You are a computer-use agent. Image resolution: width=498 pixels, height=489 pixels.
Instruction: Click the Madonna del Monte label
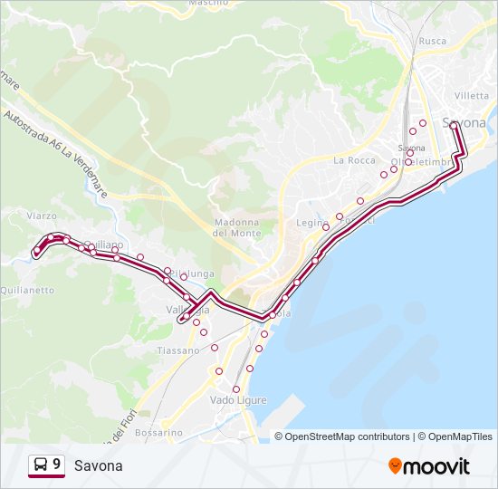pos(236,227)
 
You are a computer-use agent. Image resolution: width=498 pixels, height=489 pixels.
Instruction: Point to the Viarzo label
pos(42,216)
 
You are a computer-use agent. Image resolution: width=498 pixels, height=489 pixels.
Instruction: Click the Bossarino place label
pos(158,433)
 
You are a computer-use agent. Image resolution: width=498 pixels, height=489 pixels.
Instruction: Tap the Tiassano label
pos(177,350)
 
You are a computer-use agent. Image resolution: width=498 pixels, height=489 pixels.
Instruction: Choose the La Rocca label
pos(354,160)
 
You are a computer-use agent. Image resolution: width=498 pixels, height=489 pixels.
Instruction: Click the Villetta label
pos(471,95)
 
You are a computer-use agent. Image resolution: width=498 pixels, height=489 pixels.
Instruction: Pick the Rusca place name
pos(433,41)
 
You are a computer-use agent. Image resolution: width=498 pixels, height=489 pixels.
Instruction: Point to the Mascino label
pos(207,4)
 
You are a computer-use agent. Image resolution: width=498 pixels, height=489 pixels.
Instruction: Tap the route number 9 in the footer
pos(57,465)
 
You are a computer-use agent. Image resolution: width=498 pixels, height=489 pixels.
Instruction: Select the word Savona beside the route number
pos(98,465)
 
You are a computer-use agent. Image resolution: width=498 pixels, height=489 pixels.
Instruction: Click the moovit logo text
pos(437,466)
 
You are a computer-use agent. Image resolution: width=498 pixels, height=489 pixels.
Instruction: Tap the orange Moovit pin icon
pos(395,465)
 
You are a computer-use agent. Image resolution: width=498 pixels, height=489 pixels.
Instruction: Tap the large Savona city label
pos(464,122)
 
